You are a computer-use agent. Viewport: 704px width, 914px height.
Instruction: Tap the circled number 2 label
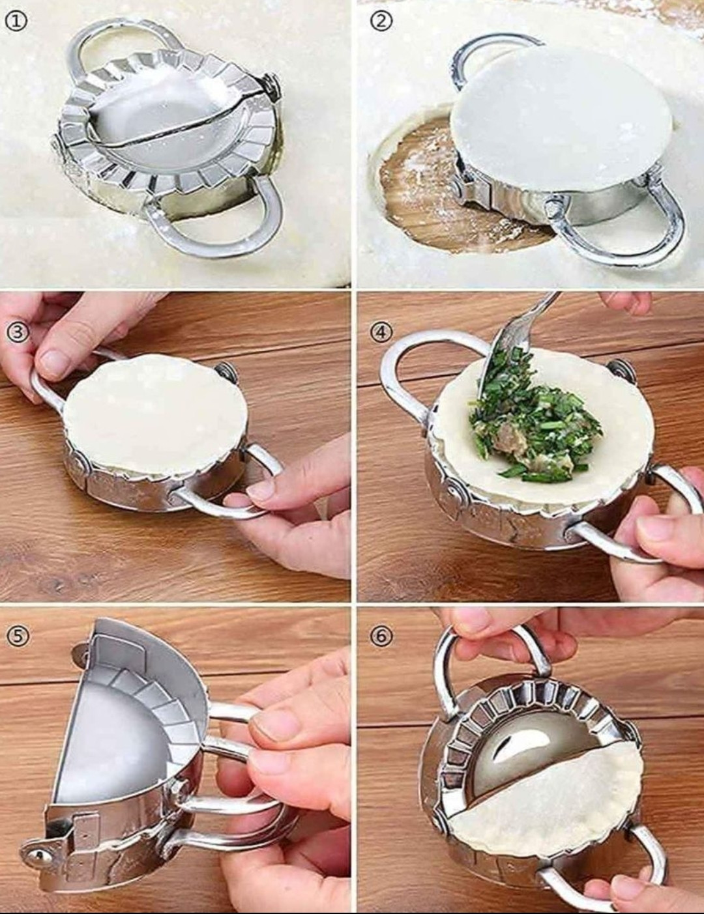381,21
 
